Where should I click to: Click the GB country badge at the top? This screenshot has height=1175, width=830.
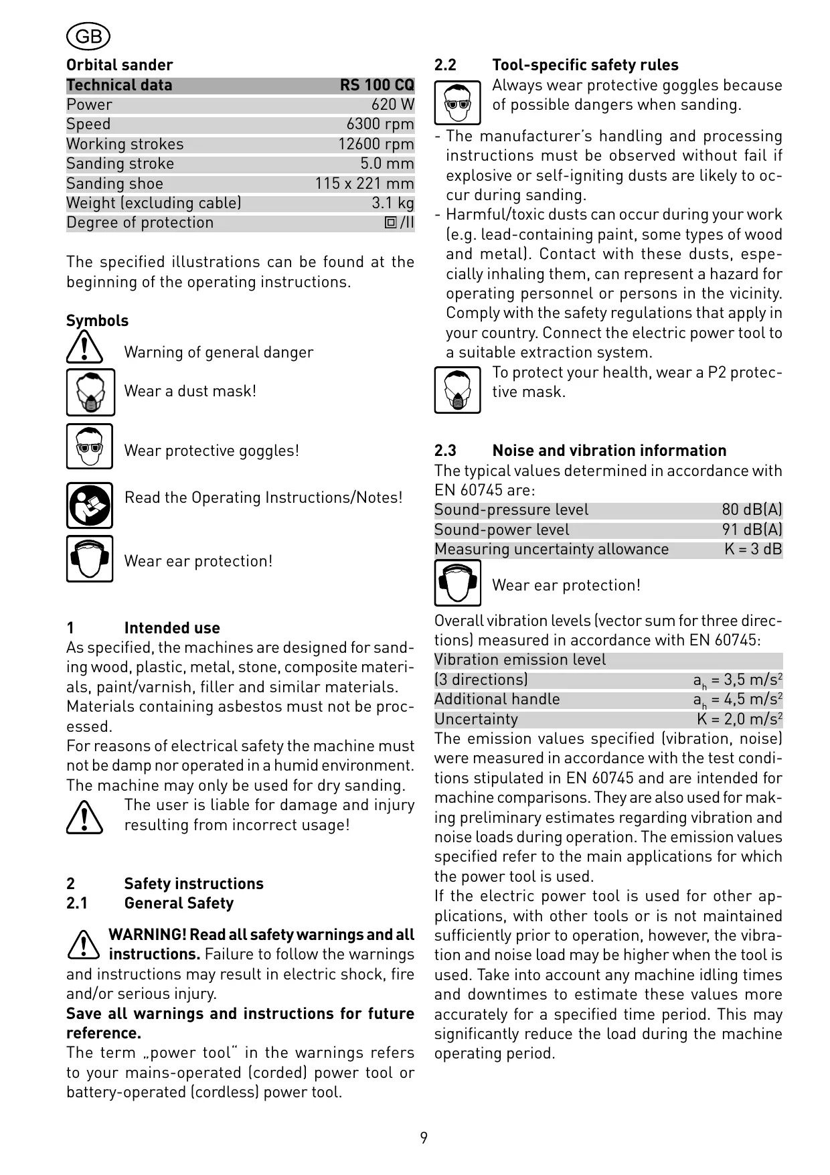[x=88, y=36]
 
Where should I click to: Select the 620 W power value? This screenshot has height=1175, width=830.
[x=393, y=105]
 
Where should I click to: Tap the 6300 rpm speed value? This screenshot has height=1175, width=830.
[x=380, y=125]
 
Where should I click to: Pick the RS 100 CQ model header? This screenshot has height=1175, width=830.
[x=377, y=85]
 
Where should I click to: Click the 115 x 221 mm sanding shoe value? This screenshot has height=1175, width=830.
[x=365, y=183]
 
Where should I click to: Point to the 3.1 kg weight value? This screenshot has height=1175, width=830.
[x=393, y=203]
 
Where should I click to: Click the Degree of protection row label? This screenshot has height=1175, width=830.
[x=140, y=223]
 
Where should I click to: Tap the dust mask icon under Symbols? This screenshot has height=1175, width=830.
[x=90, y=392]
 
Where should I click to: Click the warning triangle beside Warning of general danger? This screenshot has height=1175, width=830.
[x=84, y=348]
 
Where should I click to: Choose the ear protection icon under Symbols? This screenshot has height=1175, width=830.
[x=90, y=558]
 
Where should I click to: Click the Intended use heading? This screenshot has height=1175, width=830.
[x=172, y=628]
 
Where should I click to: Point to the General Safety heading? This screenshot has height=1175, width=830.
[x=179, y=903]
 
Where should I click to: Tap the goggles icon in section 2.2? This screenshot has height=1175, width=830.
[x=457, y=102]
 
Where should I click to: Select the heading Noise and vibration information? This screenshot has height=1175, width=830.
[x=609, y=451]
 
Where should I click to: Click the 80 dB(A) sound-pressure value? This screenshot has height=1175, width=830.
[x=752, y=510]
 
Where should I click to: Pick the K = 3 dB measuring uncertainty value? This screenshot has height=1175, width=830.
[x=753, y=550]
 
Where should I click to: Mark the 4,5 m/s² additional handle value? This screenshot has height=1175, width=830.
[x=738, y=700]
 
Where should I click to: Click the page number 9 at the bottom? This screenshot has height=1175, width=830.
[x=424, y=1138]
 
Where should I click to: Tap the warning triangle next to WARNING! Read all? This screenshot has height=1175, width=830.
[x=84, y=943]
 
